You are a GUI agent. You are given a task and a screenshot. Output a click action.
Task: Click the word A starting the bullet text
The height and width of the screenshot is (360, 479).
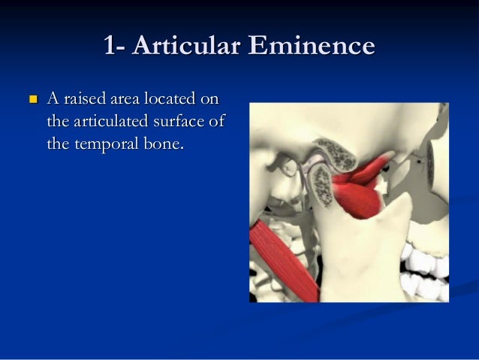click(x=53, y=98)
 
